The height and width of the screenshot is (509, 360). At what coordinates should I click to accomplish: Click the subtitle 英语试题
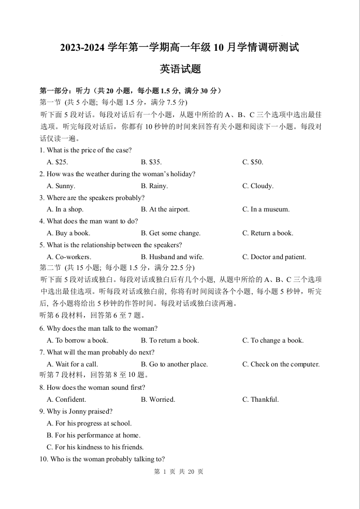pos(180,69)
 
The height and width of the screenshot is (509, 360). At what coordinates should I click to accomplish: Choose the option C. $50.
pos(253,162)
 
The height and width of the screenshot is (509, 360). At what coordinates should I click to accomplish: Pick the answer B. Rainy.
pos(154,186)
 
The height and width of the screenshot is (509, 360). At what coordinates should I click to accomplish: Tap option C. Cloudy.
pos(258,186)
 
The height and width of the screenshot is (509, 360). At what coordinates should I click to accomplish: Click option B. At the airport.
pos(165,209)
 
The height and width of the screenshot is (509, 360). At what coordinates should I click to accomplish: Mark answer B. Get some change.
pos(170,233)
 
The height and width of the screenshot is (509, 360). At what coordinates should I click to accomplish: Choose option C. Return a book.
pos(267,233)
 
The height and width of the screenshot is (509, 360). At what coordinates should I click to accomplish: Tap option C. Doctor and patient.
pos(274,257)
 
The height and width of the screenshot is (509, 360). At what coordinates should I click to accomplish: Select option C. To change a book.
pos(273,341)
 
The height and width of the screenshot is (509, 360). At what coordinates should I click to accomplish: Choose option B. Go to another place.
pos(174,364)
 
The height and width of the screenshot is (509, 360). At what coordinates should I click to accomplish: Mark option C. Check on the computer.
pos(281,364)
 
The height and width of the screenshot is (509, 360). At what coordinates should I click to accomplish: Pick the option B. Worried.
pos(158,400)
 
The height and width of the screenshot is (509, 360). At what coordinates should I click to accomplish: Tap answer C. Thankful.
pos(261,400)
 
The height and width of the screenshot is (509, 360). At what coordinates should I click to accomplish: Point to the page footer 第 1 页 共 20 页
pos(179,472)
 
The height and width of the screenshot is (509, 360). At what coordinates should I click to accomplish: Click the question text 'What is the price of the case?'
pos(89,150)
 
